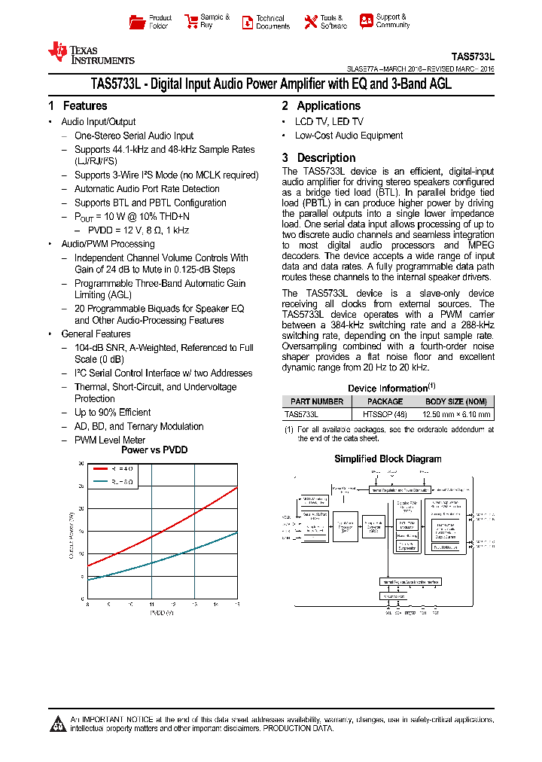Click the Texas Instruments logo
coord(90,53)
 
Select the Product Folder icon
coord(136,22)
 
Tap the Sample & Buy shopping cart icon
coord(190,22)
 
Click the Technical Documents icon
coord(247,22)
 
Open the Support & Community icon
coord(366,21)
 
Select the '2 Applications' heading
coord(321,106)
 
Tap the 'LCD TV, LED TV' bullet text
coord(329,122)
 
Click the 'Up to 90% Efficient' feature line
coord(112,413)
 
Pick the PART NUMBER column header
coord(317,401)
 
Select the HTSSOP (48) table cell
coord(385,414)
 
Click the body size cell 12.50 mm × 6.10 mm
coord(456,414)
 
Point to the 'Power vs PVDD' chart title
coord(154,450)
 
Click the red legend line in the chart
coord(101,468)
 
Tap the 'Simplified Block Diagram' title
coord(388,459)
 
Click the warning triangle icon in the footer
coord(58,724)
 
